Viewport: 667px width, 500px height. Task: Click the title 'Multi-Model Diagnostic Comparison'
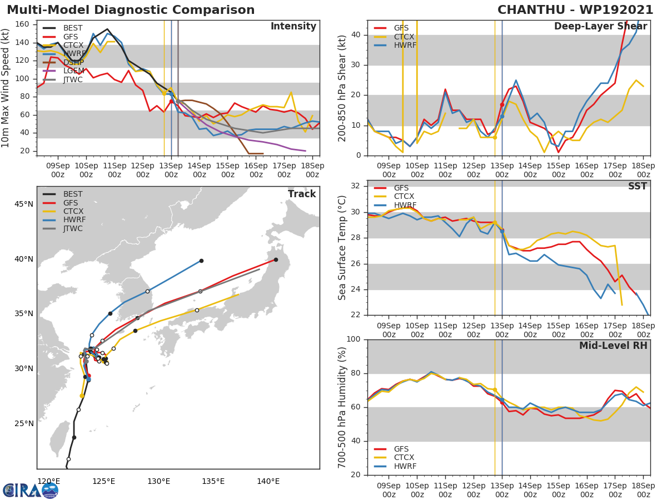click(x=131, y=10)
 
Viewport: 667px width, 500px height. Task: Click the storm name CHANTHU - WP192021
click(x=575, y=10)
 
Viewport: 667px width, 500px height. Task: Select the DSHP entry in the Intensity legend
click(x=73, y=63)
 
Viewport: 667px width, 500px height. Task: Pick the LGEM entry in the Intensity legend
click(x=73, y=71)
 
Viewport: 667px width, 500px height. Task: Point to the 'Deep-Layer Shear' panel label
click(x=600, y=27)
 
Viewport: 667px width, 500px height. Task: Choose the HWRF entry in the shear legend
click(x=405, y=46)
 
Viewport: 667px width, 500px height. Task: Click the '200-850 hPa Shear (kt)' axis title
click(x=342, y=88)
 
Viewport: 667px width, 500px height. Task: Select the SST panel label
click(x=638, y=187)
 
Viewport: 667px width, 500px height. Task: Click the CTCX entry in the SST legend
click(x=405, y=197)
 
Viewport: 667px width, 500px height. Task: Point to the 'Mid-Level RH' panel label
click(x=613, y=346)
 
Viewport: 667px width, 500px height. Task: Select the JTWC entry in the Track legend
click(x=73, y=229)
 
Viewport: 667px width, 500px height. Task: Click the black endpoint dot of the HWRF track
click(x=201, y=261)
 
